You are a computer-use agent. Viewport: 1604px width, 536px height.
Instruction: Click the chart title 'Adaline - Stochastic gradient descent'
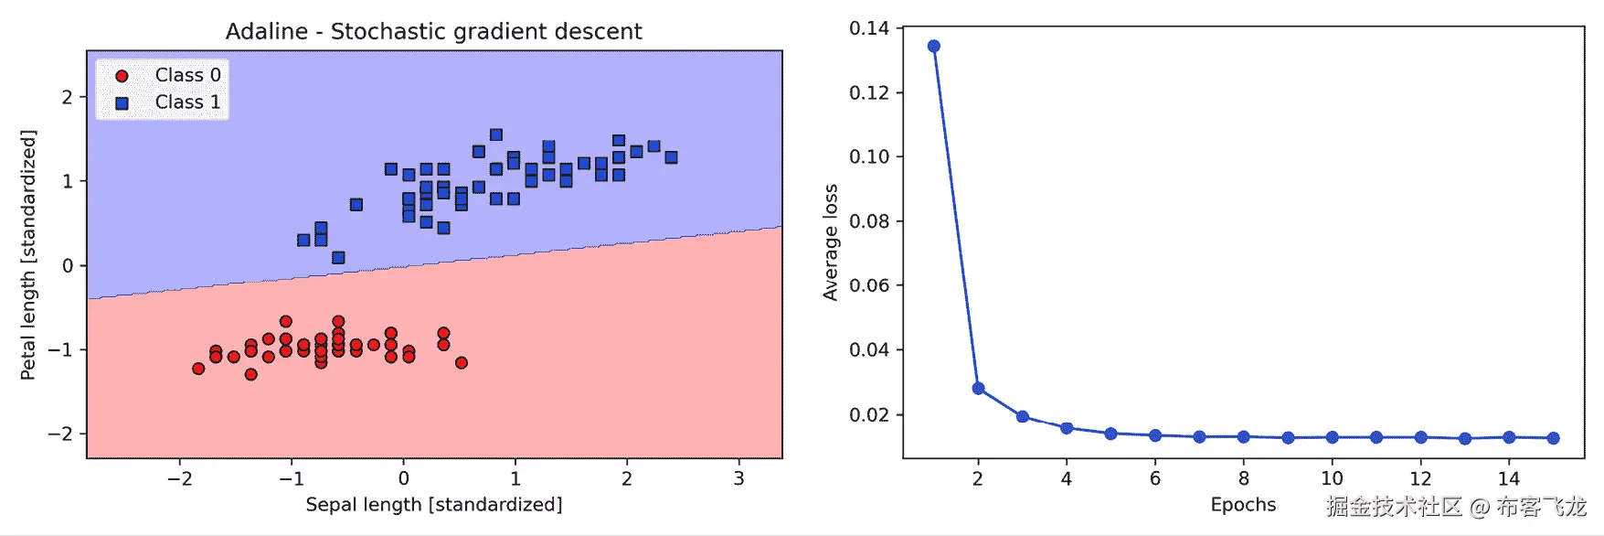[433, 31]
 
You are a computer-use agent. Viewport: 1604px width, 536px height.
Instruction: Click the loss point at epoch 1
[933, 47]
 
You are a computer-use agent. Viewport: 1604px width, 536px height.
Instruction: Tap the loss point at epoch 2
[978, 389]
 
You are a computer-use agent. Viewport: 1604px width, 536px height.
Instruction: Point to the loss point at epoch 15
[1553, 438]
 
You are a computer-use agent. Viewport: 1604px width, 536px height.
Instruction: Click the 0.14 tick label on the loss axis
[868, 28]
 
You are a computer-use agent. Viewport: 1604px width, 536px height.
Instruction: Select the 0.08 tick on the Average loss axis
[868, 221]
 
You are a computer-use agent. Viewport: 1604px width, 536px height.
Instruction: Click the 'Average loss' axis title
[830, 242]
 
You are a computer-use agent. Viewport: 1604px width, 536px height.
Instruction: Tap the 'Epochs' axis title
[1243, 505]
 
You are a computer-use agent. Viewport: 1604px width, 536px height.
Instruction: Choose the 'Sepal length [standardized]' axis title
[433, 505]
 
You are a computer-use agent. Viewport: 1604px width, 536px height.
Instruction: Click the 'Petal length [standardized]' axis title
[28, 254]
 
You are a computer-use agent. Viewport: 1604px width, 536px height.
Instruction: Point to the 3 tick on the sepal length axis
[738, 478]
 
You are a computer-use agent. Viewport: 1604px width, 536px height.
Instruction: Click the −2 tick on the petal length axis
[60, 434]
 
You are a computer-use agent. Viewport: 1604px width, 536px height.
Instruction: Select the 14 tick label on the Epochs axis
[1509, 478]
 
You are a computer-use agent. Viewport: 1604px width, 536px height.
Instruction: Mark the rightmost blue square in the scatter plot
[671, 157]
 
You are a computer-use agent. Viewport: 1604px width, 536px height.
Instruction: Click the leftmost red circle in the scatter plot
[198, 369]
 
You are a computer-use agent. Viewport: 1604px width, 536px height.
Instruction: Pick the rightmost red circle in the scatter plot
[462, 363]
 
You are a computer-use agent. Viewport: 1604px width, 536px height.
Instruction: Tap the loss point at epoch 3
[1023, 417]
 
